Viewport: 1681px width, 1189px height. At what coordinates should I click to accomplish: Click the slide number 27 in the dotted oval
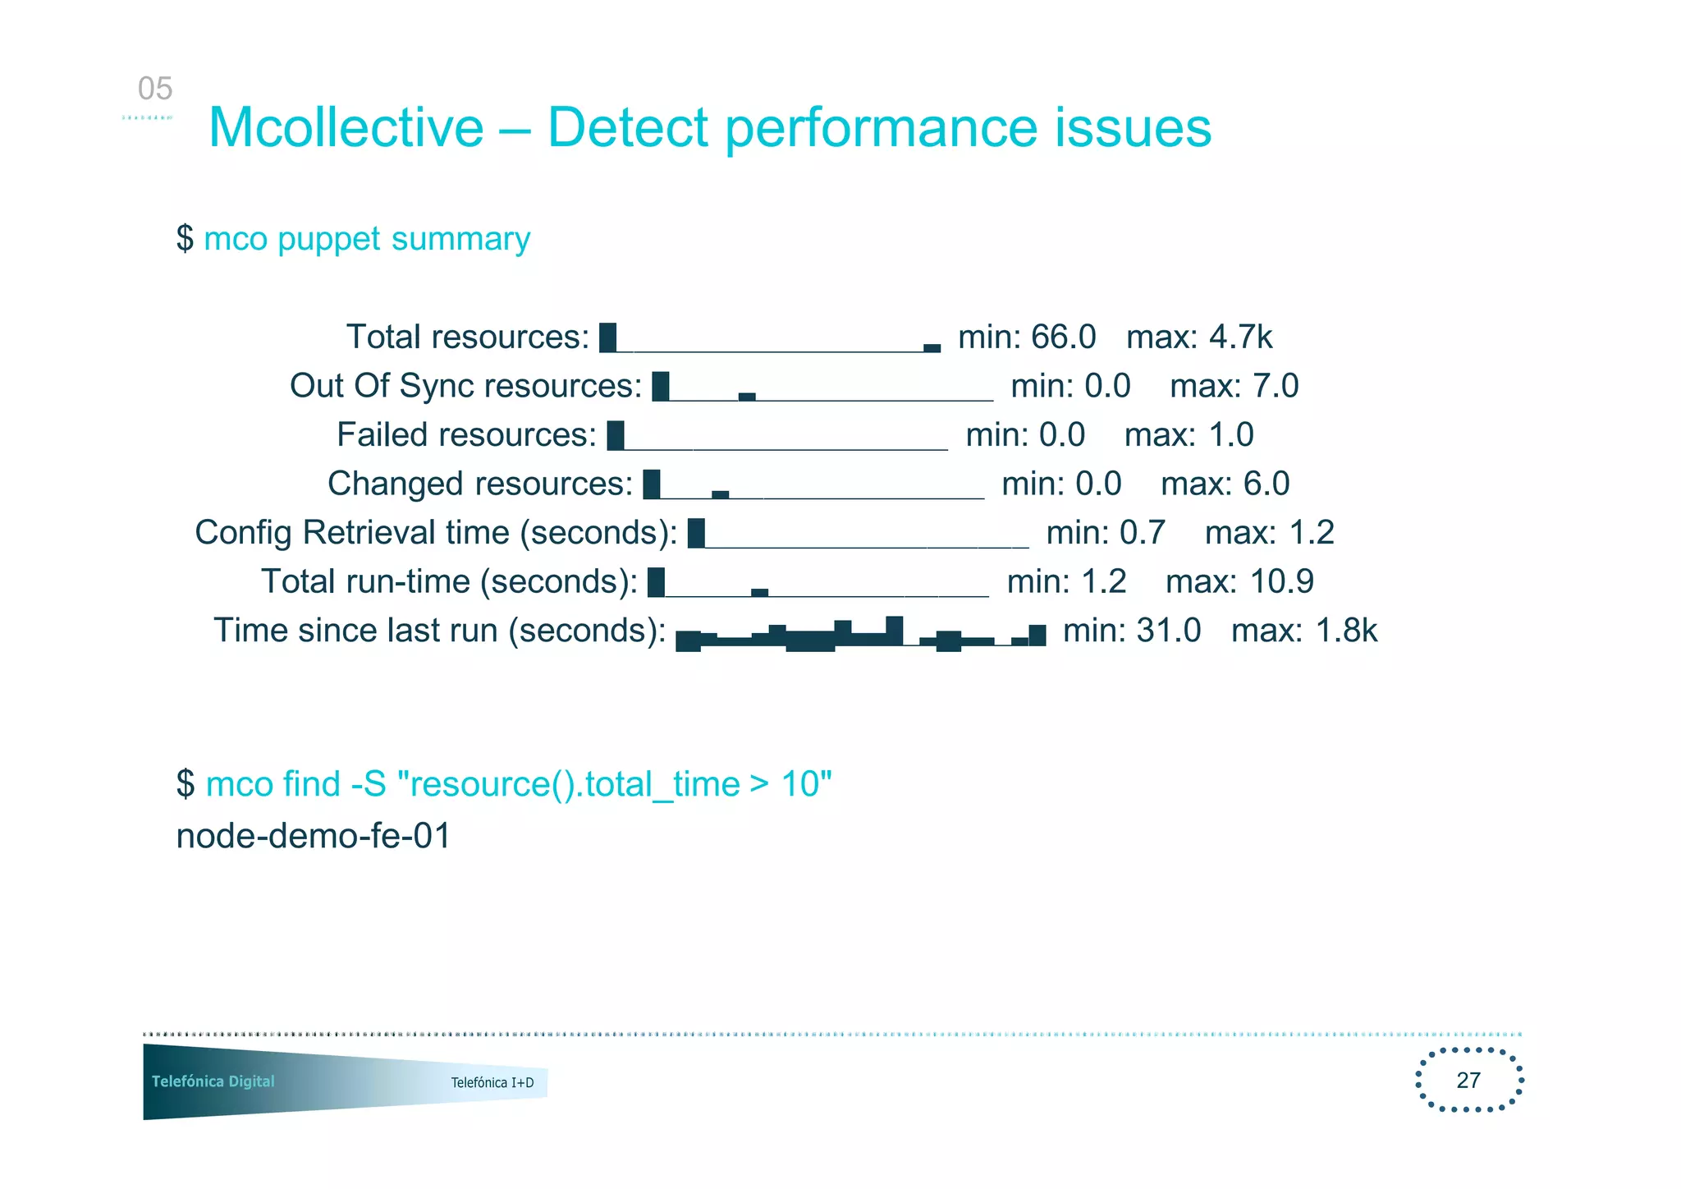[1468, 1080]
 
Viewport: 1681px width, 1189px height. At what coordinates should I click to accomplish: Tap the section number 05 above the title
[154, 89]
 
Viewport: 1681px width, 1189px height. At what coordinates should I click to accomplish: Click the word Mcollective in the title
[346, 128]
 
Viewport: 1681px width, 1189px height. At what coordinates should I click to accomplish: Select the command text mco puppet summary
[367, 239]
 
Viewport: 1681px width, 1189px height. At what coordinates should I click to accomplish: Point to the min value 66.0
[1063, 337]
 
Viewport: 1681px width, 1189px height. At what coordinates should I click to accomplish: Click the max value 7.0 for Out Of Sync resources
[1275, 386]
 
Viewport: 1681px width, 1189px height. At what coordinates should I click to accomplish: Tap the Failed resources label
[466, 435]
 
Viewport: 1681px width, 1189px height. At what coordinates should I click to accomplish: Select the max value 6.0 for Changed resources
[1266, 484]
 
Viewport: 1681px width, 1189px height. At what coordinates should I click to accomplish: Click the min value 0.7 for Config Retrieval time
[1143, 533]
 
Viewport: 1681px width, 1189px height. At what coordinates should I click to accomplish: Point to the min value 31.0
[1168, 631]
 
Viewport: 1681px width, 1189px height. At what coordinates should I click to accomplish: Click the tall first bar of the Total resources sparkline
[607, 337]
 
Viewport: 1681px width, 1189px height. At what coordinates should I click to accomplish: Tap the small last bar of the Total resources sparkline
[932, 348]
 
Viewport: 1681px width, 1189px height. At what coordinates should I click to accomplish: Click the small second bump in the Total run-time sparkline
[759, 592]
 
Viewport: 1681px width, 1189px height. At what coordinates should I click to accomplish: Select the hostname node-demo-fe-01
[314, 837]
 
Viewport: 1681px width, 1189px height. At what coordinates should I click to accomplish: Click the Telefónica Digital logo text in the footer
[213, 1081]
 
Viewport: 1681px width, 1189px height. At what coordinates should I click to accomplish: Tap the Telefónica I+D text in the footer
[492, 1082]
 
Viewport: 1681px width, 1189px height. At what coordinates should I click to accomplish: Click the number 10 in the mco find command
[799, 784]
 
